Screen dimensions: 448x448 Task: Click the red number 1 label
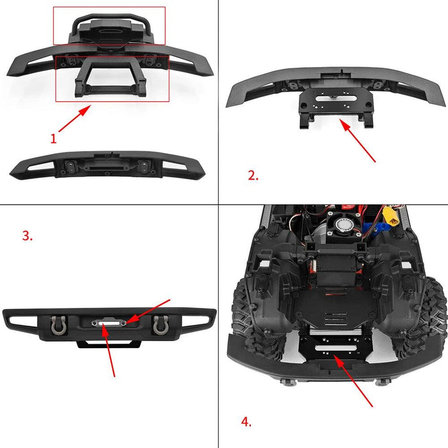[x=54, y=137]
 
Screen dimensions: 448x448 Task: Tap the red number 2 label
[x=253, y=175]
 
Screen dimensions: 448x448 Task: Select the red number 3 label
[x=27, y=236]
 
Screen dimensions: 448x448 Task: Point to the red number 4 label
[x=246, y=421]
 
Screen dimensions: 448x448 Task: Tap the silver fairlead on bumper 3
[x=108, y=324]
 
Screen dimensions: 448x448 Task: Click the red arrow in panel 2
[x=359, y=140]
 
